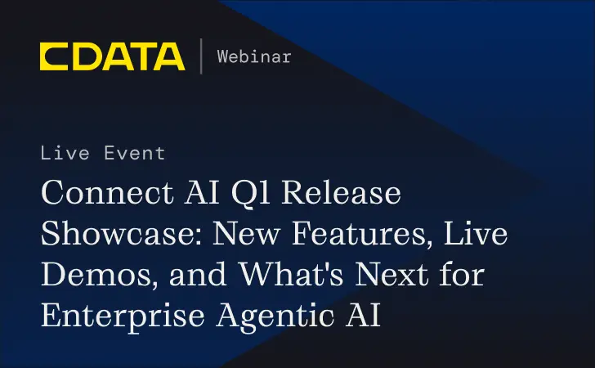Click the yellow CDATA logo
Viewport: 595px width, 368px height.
112,57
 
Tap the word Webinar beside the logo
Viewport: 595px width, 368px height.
254,56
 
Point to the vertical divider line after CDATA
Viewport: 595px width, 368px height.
201,57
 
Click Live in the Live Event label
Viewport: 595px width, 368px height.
65,153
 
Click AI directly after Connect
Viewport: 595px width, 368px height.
196,195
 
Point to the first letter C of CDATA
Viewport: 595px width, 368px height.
56,57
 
